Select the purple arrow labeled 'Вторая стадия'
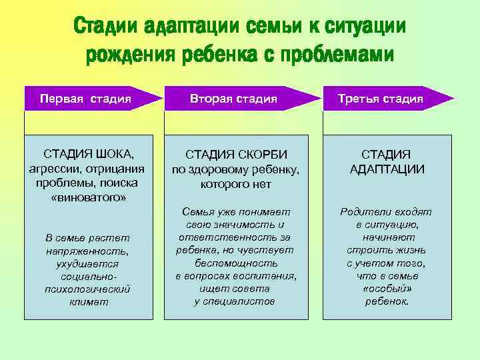click(x=233, y=99)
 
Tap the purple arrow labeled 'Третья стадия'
click(x=381, y=99)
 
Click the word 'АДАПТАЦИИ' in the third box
click(x=387, y=169)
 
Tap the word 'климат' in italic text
click(x=87, y=301)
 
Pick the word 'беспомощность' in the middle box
click(x=236, y=263)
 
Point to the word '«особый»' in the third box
click(x=387, y=289)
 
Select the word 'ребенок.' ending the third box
click(x=387, y=301)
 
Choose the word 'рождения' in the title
click(x=127, y=55)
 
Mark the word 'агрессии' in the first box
click(x=53, y=169)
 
